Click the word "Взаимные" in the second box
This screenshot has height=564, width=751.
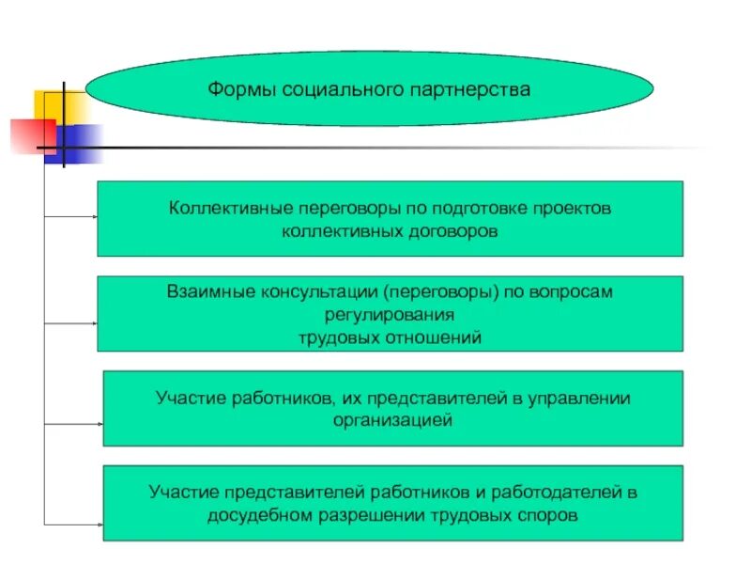(203, 291)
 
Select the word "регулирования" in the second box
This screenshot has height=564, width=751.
(390, 314)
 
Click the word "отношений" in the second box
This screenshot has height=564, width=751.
(439, 337)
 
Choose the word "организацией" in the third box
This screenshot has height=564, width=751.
(392, 420)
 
